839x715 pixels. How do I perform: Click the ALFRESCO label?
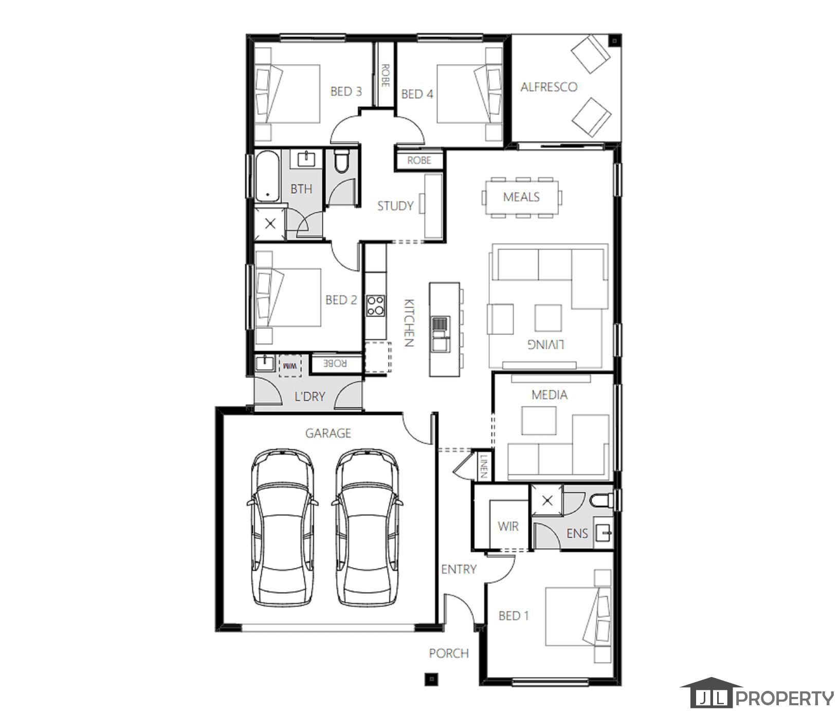(x=549, y=87)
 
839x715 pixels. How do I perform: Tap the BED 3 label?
(x=345, y=91)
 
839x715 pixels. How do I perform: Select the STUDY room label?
(x=395, y=206)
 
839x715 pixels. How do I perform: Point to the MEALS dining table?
(x=521, y=197)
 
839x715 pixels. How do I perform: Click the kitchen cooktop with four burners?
(x=376, y=306)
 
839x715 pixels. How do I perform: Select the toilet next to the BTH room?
(x=341, y=161)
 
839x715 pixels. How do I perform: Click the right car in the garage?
(x=367, y=528)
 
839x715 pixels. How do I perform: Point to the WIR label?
(x=508, y=526)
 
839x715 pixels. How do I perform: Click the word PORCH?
(x=449, y=653)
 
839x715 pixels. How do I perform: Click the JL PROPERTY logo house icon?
(x=711, y=693)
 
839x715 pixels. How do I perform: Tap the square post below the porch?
(x=431, y=680)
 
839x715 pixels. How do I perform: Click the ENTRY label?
(x=459, y=569)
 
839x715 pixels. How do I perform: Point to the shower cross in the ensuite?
(x=548, y=500)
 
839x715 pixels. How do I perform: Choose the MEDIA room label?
(x=549, y=395)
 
